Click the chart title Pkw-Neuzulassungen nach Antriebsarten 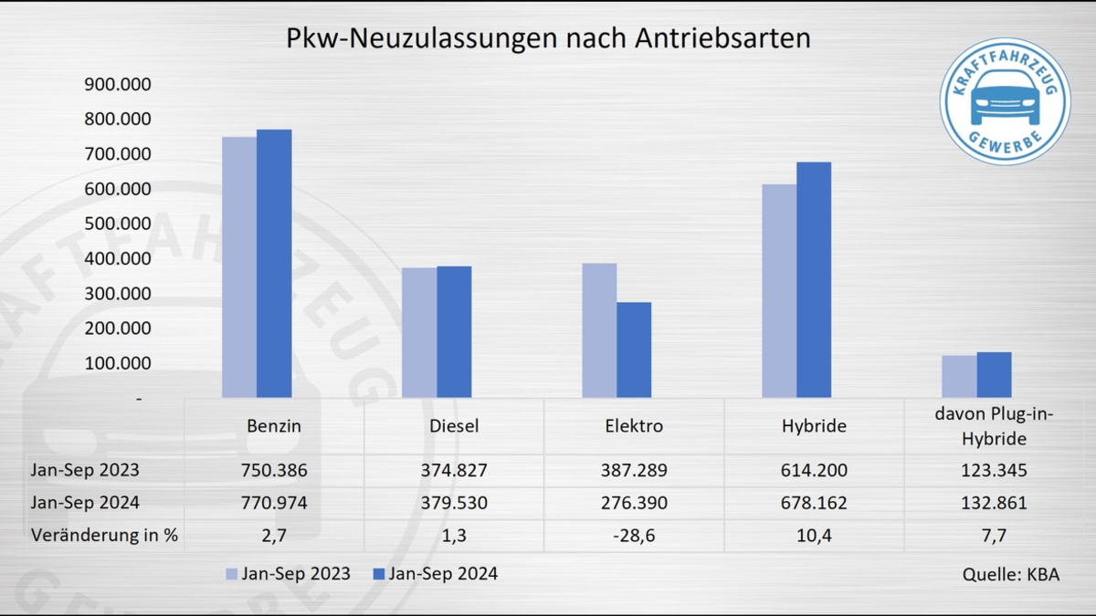tap(548, 39)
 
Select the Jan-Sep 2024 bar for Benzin tap(274, 264)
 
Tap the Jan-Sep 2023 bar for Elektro tap(599, 330)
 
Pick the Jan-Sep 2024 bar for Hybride tap(814, 280)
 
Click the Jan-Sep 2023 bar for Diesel tap(419, 333)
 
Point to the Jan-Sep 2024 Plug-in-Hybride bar tap(994, 375)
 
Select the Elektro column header tap(634, 426)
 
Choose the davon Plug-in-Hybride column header tap(994, 427)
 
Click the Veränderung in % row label tap(104, 536)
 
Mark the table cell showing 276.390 tap(634, 503)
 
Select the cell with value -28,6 tap(634, 536)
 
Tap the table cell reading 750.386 tap(274, 471)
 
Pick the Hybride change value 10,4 tap(814, 536)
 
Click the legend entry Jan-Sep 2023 tap(287, 574)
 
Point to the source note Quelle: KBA tap(1011, 575)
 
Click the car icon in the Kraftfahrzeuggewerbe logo tap(1004, 98)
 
